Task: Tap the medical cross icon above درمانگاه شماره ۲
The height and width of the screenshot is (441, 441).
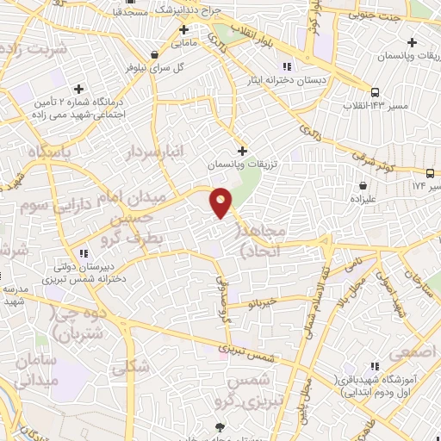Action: pyautogui.click(x=79, y=89)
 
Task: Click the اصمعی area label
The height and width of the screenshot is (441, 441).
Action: pyautogui.click(x=407, y=352)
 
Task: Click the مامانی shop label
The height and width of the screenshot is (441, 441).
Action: pyautogui.click(x=183, y=41)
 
